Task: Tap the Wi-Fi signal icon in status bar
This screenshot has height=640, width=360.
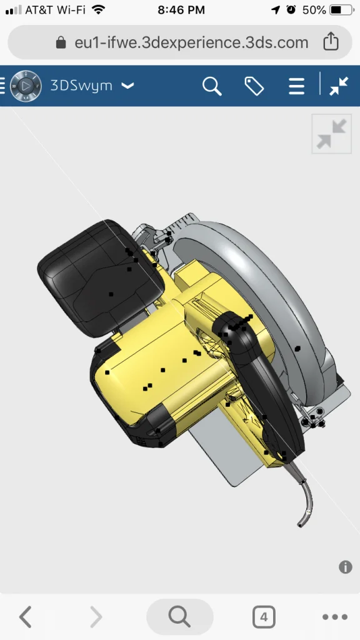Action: (98, 10)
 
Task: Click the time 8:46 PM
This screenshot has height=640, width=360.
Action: (181, 10)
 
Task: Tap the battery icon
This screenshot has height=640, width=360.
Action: (342, 10)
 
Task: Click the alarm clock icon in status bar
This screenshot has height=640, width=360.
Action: (291, 10)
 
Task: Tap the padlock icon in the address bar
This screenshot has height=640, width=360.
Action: (61, 42)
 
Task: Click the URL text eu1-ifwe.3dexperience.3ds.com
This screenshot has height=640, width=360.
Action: (191, 42)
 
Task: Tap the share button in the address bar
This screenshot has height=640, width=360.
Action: (331, 41)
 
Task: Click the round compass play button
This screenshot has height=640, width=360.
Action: (26, 86)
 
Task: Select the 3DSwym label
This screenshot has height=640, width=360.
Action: (81, 86)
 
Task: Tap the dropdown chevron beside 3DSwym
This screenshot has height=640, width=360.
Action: (127, 86)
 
